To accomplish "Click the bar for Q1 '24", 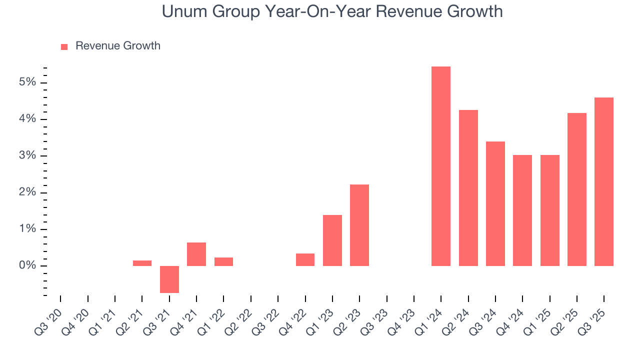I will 440,166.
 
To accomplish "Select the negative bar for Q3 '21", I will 169,279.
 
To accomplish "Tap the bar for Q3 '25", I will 603,181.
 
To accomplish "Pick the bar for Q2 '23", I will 359,225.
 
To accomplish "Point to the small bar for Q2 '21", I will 142,263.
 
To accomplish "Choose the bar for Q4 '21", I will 196,254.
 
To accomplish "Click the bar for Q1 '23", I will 332,240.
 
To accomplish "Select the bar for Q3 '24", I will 495,203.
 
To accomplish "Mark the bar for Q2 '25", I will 576,189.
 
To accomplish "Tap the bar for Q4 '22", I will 305,259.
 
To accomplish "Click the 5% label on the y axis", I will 27,82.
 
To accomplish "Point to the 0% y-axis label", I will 27,265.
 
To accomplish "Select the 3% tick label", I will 27,155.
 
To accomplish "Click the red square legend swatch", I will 64,46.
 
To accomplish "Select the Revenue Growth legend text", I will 117,46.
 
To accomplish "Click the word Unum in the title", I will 183,11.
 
